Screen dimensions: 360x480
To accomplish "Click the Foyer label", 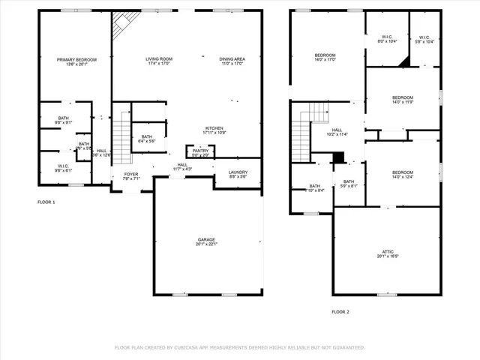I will pyautogui.click(x=131, y=175).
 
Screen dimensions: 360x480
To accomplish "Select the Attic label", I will pyautogui.click(x=387, y=253).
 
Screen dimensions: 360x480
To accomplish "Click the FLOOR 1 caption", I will pyautogui.click(x=46, y=202).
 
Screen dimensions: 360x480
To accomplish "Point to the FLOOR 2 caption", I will pyautogui.click(x=340, y=311).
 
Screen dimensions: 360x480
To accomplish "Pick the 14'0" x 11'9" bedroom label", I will pyautogui.click(x=403, y=100).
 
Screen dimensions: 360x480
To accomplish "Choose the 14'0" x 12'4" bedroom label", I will pyautogui.click(x=403, y=175).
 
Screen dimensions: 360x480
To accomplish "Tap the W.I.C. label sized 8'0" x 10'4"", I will pyautogui.click(x=387, y=39).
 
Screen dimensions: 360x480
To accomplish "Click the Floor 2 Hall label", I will pyautogui.click(x=337, y=132).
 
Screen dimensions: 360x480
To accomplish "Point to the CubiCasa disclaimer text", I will pyautogui.click(x=239, y=348).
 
